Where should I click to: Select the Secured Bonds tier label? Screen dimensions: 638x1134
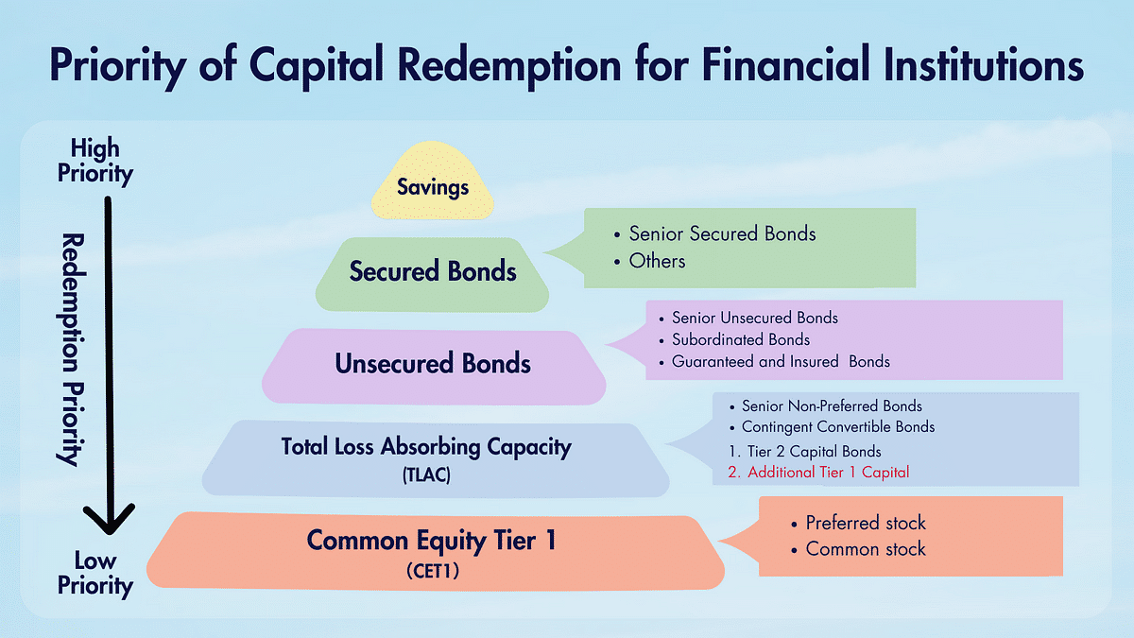433,272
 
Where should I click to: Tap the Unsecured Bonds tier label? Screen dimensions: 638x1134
433,364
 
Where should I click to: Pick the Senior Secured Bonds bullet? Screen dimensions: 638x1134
722,233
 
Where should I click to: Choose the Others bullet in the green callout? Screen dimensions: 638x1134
657,260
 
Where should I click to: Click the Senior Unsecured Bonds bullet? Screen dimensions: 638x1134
754,318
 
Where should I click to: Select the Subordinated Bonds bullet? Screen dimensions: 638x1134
740,339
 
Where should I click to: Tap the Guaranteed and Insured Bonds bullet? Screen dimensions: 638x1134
780,361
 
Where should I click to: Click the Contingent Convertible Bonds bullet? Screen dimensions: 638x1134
837,427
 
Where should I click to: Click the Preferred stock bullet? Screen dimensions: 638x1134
865,523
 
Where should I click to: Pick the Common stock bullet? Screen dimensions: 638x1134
865,549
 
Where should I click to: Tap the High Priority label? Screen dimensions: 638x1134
94,161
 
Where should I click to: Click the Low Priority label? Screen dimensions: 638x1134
94,574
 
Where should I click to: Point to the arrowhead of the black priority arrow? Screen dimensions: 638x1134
110,523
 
